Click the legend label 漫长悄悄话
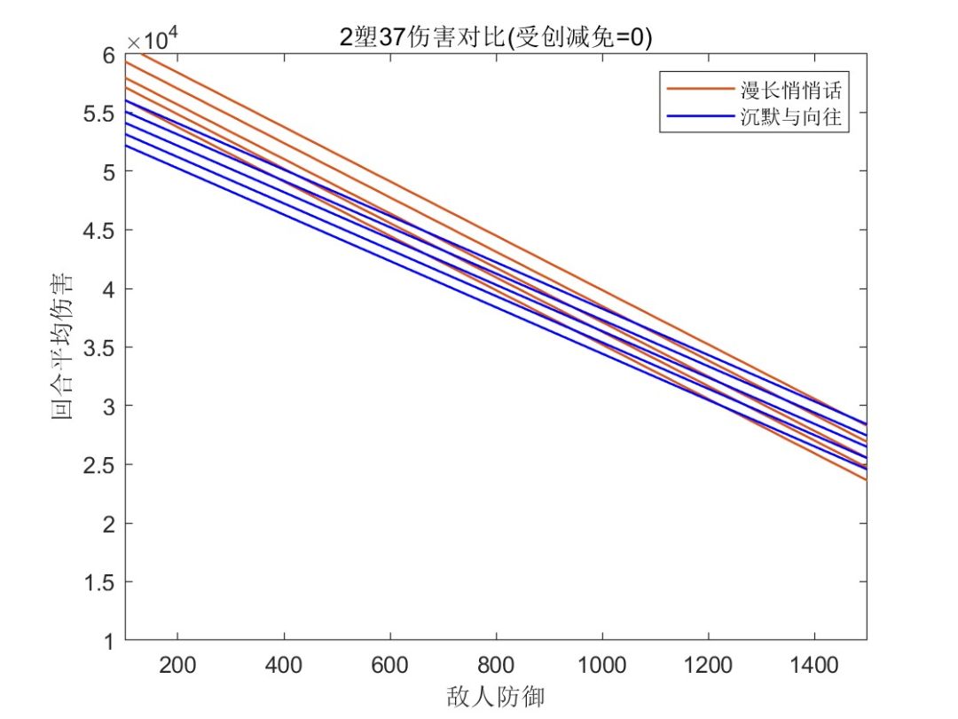click(789, 90)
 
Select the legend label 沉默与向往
click(789, 118)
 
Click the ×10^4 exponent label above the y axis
click(153, 39)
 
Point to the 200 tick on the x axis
click(177, 663)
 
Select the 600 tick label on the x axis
click(390, 663)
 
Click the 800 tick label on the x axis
click(496, 663)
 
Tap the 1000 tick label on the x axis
click(602, 663)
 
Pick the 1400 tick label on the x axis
click(814, 663)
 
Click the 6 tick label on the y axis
click(108, 55)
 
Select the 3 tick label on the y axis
click(108, 407)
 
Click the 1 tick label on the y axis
click(108, 640)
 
